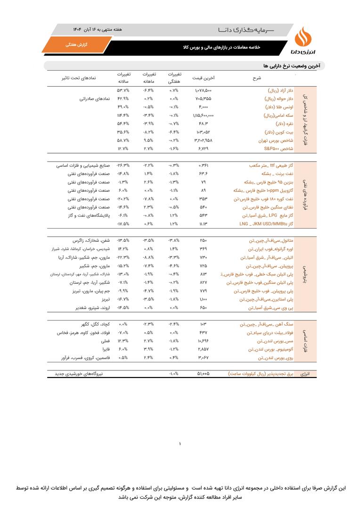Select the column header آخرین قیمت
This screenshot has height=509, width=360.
204,78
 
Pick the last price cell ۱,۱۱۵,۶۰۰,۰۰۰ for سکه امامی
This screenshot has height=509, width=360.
203,115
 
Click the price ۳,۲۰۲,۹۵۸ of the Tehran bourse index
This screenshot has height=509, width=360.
203,140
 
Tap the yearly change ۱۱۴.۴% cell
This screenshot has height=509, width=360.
123,115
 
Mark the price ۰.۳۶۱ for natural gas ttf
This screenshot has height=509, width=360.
203,166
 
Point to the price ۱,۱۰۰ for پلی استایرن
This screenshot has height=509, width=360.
203,300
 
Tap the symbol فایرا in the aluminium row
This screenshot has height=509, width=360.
105,350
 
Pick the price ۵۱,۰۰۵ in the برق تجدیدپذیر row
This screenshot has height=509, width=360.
203,374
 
